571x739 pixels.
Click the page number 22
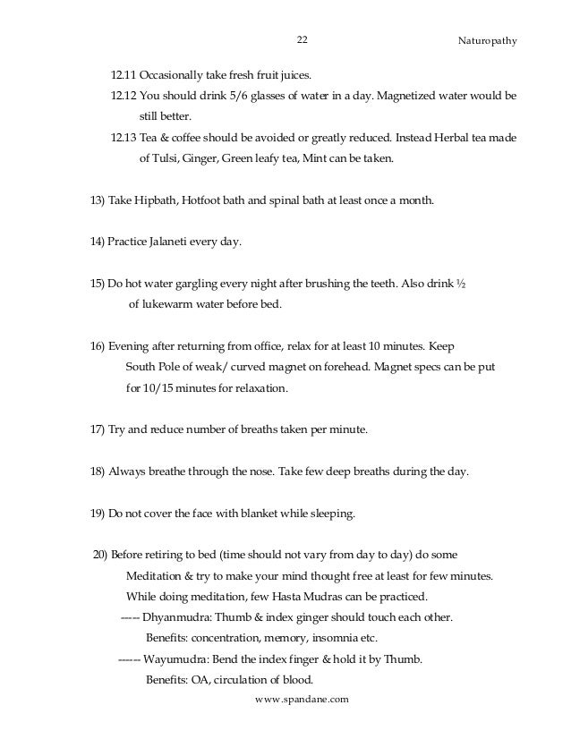[x=302, y=40]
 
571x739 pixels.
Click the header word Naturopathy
[x=488, y=41]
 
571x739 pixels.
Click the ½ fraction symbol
[x=461, y=283]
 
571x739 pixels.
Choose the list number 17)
[x=98, y=429]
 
